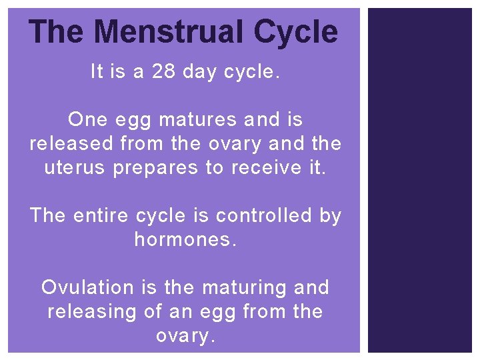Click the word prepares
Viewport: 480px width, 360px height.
pos(156,168)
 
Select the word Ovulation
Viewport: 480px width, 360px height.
pos(87,287)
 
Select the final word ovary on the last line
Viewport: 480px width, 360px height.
pos(184,336)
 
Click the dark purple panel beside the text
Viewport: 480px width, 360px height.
pos(420,180)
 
